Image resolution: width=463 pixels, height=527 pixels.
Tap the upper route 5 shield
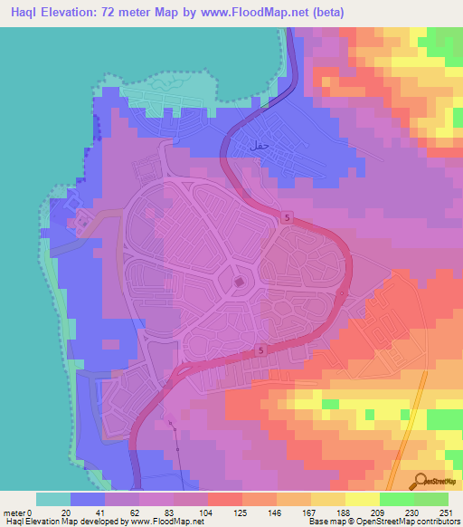287,217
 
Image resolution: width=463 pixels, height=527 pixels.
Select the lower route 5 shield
260,350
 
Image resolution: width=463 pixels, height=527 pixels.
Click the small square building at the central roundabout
239,283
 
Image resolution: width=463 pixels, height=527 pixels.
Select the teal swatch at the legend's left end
52,499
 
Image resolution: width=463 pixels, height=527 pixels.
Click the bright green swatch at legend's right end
430,499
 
